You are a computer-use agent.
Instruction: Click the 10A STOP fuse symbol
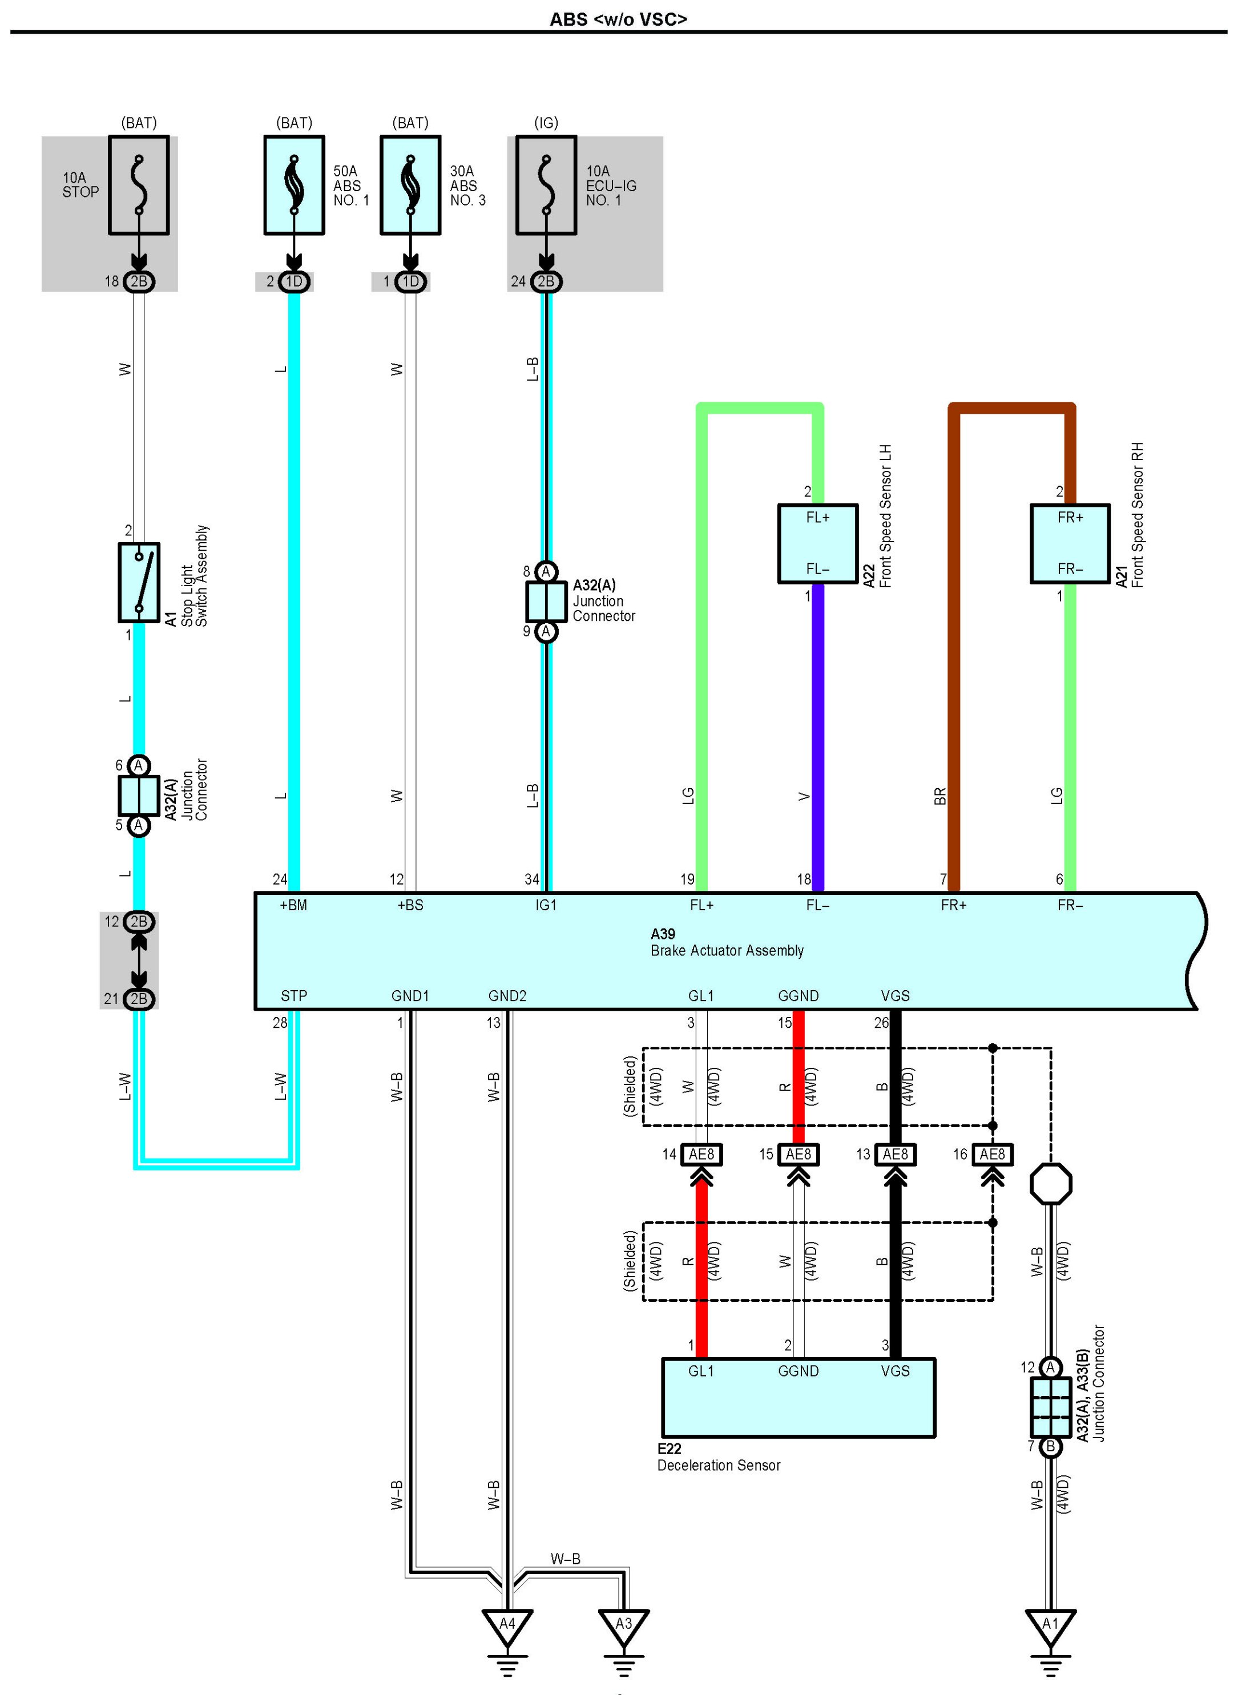tap(139, 185)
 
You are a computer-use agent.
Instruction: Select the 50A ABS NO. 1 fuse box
tap(294, 185)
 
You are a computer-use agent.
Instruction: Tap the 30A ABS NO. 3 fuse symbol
tap(410, 185)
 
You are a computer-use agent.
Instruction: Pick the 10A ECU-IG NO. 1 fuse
tap(546, 185)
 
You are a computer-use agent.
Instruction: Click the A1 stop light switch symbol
tap(139, 582)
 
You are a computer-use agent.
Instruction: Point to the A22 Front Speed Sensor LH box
tap(817, 543)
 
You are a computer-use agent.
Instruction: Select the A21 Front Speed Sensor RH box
tap(1070, 543)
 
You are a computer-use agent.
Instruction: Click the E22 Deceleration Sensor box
tap(798, 1398)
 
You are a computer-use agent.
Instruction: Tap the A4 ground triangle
tap(507, 1625)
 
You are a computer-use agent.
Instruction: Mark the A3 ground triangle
tap(623, 1625)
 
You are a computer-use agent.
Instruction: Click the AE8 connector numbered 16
tap(992, 1155)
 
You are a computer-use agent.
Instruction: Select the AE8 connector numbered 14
tap(701, 1155)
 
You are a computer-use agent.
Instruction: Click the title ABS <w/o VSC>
tap(618, 19)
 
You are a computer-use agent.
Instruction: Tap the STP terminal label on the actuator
tap(294, 996)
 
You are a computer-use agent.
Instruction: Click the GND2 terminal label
tap(507, 996)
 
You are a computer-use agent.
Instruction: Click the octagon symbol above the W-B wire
tap(1051, 1184)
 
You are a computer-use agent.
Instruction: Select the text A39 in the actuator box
tap(663, 934)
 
